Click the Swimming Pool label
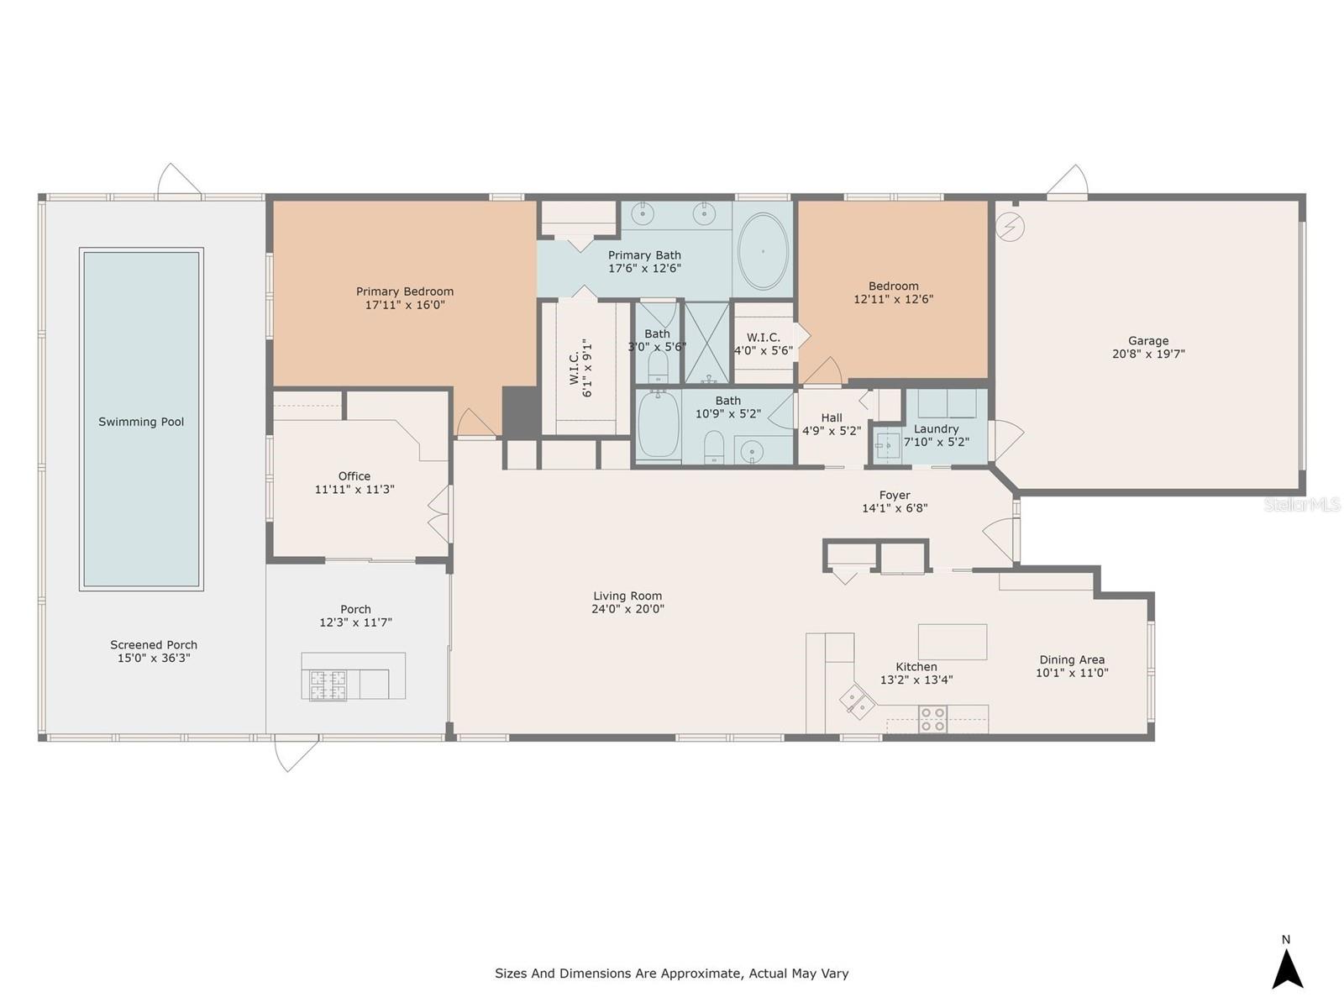141,422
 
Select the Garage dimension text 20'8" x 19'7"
1148,354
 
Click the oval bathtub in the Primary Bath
763,251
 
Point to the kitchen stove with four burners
932,719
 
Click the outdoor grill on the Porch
328,684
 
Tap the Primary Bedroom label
405,291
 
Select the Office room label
354,476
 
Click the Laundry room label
936,428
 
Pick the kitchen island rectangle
952,641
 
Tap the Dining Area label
1072,659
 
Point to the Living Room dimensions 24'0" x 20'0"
627,609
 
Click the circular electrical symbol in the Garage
1011,227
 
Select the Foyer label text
895,495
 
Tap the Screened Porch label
154,645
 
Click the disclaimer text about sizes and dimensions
671,974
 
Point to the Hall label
832,417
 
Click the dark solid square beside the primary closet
521,412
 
